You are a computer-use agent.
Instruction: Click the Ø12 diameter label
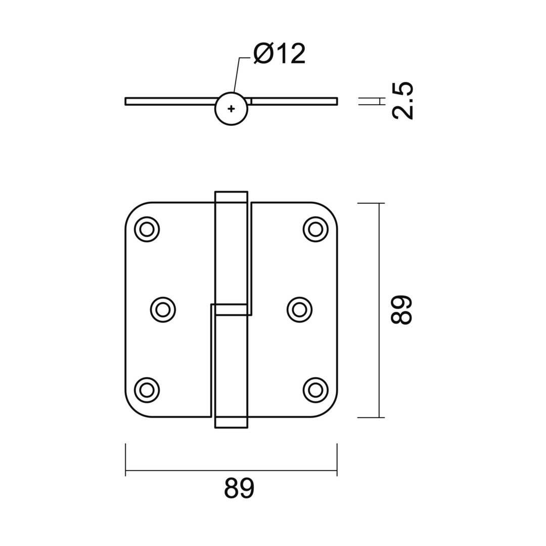(x=280, y=54)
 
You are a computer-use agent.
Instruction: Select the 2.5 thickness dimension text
(x=403, y=101)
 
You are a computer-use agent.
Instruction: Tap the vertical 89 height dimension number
(x=402, y=309)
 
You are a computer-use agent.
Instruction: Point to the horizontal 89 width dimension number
(x=239, y=489)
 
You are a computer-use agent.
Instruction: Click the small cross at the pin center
(x=231, y=109)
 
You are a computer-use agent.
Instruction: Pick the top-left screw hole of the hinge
(x=147, y=230)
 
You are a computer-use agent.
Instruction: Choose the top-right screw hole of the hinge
(x=315, y=230)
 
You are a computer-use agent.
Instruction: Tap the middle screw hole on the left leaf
(x=163, y=310)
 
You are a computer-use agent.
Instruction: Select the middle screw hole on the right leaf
(x=299, y=310)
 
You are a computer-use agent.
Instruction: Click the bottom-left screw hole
(x=147, y=390)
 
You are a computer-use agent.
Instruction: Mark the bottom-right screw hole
(x=315, y=390)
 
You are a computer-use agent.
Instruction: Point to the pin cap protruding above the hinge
(x=231, y=197)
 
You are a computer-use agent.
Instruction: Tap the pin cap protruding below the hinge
(x=231, y=423)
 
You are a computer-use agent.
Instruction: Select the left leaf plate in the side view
(x=169, y=101)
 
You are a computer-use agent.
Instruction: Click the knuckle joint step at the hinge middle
(x=231, y=309)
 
